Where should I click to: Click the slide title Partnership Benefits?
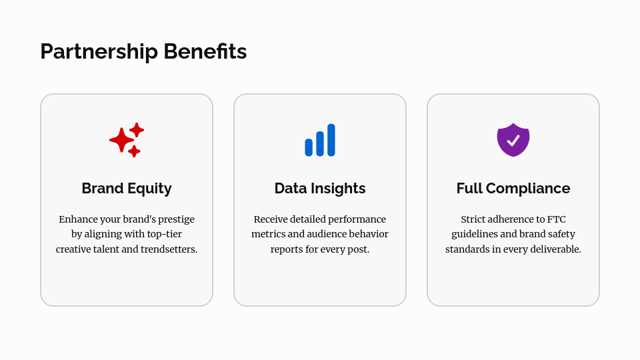tap(143, 51)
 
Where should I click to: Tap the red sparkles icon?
tap(127, 140)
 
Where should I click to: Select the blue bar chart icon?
tap(320, 140)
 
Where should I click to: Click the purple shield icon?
tap(513, 140)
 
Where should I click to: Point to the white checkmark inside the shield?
tap(513, 141)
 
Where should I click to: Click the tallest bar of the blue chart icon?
tap(331, 140)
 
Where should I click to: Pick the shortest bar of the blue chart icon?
tap(309, 147)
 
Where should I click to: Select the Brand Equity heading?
tap(127, 189)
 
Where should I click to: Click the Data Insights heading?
tap(320, 189)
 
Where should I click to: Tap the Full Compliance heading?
tap(513, 189)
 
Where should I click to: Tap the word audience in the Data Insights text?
tap(321, 234)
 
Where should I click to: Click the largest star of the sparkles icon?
tap(121, 140)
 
